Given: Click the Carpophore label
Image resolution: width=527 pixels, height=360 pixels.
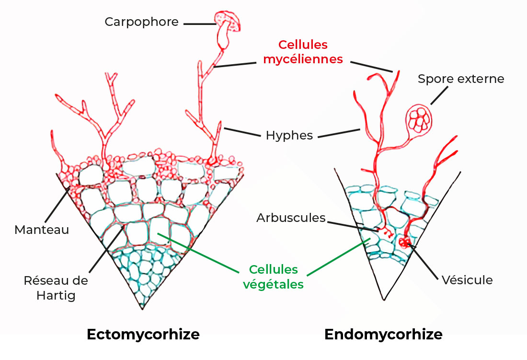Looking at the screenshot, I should coord(141,22).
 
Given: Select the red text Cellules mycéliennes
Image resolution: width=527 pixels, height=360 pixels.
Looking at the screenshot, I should coord(303,52).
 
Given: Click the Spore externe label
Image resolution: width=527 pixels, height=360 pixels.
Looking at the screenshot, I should coord(461,79).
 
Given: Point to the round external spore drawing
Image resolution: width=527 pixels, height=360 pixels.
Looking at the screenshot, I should coord(418,119).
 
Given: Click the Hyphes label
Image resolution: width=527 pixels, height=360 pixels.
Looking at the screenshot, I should coord(289,136).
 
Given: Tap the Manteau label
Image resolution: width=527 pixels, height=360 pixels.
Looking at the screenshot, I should coord(42,230).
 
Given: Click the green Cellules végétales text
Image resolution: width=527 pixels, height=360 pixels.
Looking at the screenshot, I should coord(274,277).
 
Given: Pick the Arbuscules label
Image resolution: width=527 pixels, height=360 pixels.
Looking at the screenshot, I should coord(291,218).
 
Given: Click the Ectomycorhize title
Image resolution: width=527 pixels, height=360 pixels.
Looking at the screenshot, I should coord(143,334).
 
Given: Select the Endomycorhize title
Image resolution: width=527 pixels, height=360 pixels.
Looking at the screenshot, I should coord(383,334).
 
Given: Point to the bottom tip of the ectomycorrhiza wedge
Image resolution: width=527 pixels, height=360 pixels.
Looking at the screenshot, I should coord(142,309).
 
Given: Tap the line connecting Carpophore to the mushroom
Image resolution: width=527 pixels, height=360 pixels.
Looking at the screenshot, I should coord(199,23).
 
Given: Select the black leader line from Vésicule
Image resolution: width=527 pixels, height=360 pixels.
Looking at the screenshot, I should coord(424,261).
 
